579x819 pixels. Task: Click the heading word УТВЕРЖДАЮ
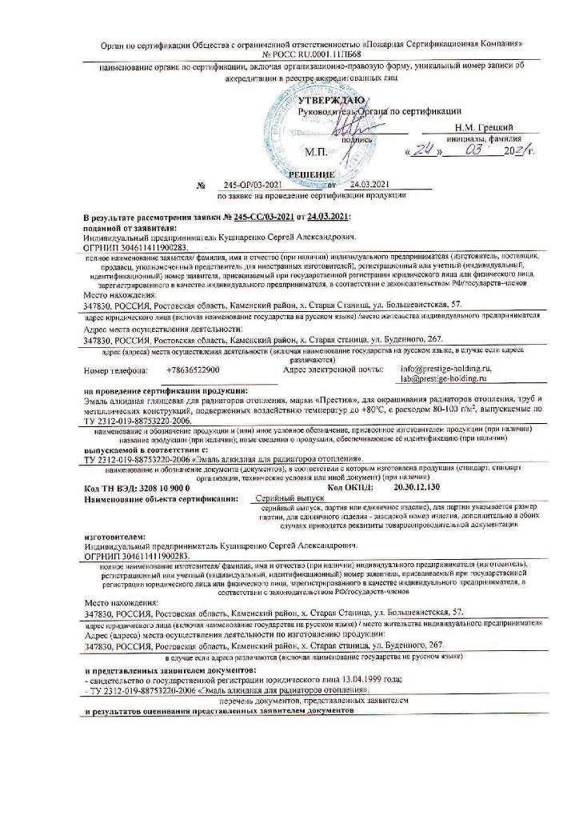click(331, 100)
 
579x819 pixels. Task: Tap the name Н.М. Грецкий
click(485, 127)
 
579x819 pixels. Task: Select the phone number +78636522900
click(198, 370)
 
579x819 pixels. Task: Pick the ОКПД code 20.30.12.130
click(420, 487)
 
